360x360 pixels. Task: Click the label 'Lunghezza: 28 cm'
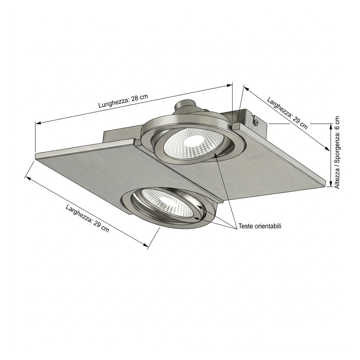pos(123,101)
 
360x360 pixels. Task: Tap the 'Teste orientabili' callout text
pos(260,226)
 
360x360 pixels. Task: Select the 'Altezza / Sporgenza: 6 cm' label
pos(337,152)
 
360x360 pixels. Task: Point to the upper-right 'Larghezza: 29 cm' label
pos(287,113)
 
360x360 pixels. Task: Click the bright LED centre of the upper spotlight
pos(194,140)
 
